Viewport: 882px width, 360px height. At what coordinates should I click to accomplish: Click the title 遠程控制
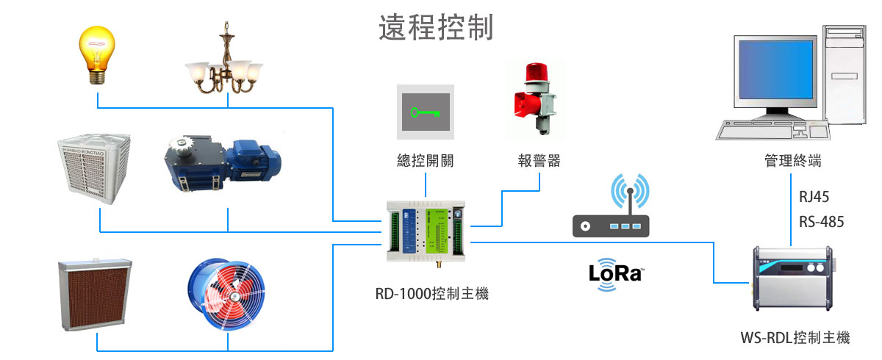coord(435,27)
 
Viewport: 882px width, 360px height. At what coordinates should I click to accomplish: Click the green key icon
coord(426,112)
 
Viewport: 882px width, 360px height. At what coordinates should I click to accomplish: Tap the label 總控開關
coord(426,161)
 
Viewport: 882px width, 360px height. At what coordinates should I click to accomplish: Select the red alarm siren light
coord(535,98)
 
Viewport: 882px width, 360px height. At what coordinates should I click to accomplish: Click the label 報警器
coord(539,161)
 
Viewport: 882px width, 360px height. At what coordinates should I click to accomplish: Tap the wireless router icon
coord(611,209)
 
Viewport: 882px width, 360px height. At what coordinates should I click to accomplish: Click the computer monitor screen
coord(775,73)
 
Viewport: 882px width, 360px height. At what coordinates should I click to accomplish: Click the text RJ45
coord(814,197)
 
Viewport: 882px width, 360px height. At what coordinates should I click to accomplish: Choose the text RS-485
coord(821,221)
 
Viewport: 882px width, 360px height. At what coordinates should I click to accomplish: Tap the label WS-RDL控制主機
coord(795,338)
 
